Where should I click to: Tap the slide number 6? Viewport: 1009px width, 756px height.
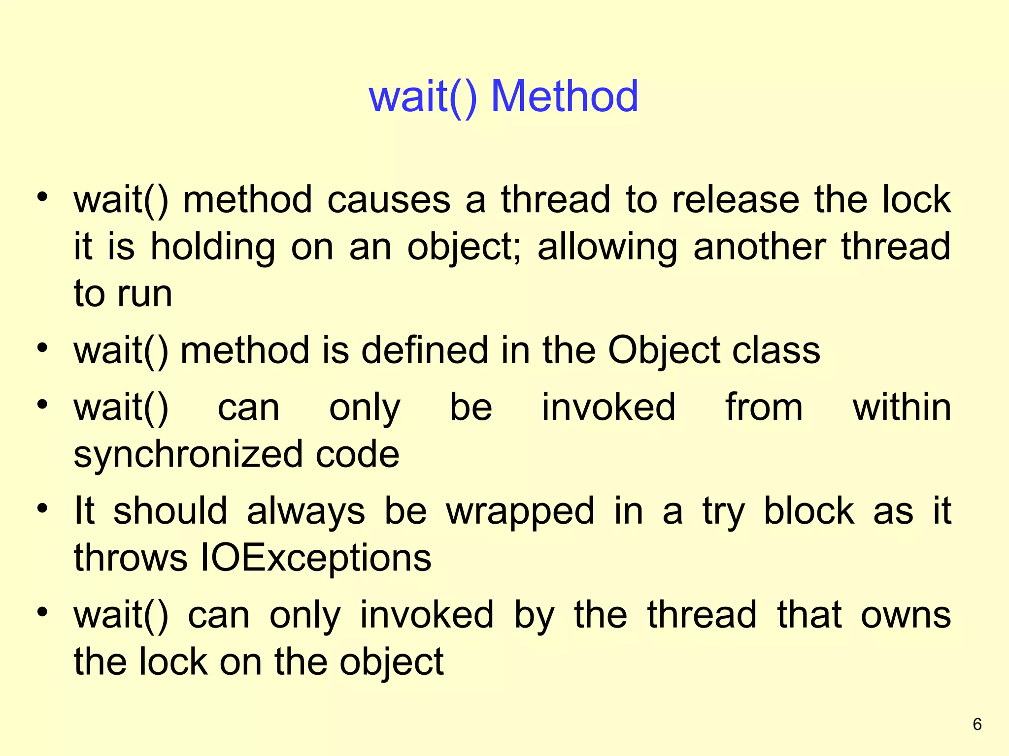pos(977,724)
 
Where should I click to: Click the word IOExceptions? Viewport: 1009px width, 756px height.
pos(316,558)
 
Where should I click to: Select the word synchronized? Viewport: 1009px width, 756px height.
pos(187,455)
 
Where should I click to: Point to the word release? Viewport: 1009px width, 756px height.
pos(736,200)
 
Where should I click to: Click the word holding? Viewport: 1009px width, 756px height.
pos(212,247)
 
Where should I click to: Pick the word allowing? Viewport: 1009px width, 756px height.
pos(607,247)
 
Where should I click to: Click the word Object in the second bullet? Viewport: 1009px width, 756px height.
pos(664,351)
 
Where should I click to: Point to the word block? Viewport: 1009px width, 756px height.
pos(809,511)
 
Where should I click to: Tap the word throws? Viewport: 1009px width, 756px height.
pos(131,558)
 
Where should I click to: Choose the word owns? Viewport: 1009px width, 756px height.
pos(906,615)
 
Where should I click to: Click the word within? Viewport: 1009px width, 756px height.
pos(902,408)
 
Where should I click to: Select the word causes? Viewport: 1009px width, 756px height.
pos(389,200)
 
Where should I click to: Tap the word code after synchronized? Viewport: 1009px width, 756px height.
pos(357,454)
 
